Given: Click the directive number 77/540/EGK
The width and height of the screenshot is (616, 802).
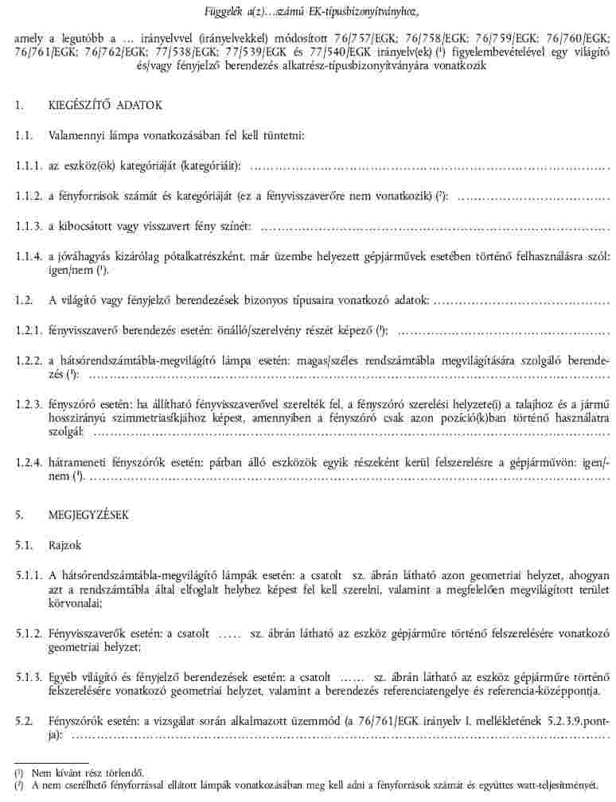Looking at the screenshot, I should pos(384,53).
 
